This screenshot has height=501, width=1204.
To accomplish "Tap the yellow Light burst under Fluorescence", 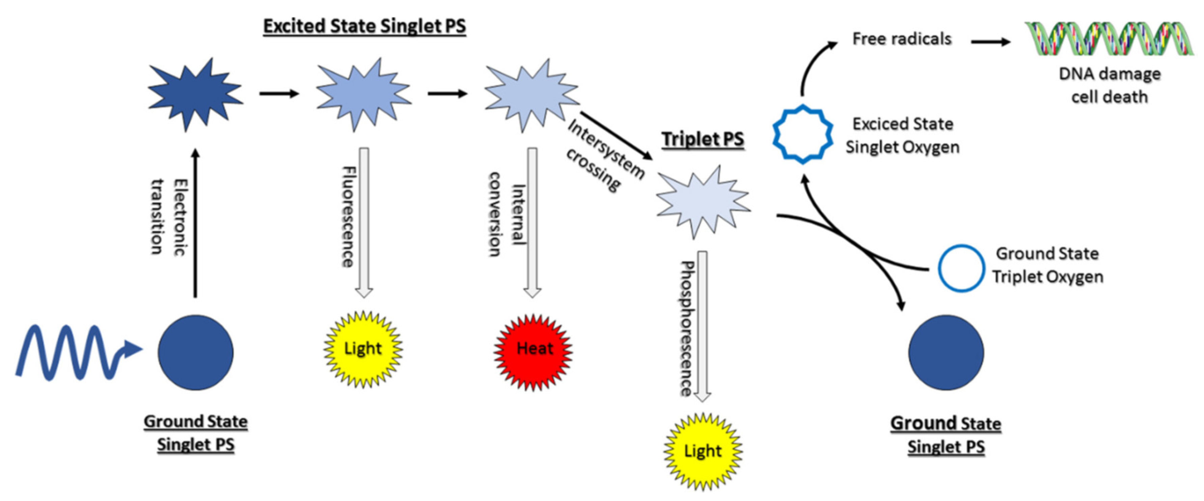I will [363, 349].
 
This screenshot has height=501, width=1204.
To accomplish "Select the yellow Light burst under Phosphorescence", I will [703, 451].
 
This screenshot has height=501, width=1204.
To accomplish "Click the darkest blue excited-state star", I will [195, 93].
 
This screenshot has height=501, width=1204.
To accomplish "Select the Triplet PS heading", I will [703, 139].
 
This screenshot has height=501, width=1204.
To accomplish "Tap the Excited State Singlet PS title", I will [364, 26].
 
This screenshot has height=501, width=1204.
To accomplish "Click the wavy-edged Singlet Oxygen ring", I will [803, 135].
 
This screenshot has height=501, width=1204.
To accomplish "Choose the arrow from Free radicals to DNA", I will [990, 42].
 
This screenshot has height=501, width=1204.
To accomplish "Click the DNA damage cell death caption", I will [1109, 85].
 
